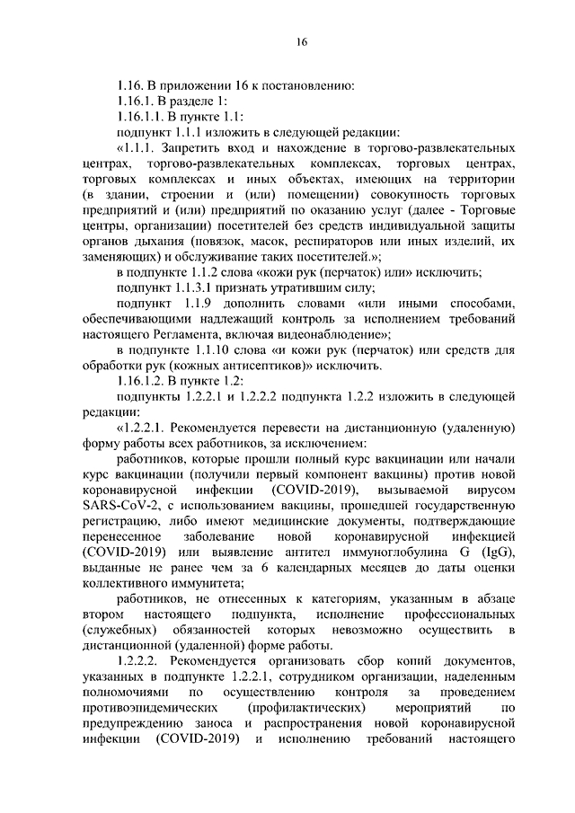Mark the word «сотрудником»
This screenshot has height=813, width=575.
(314, 676)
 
